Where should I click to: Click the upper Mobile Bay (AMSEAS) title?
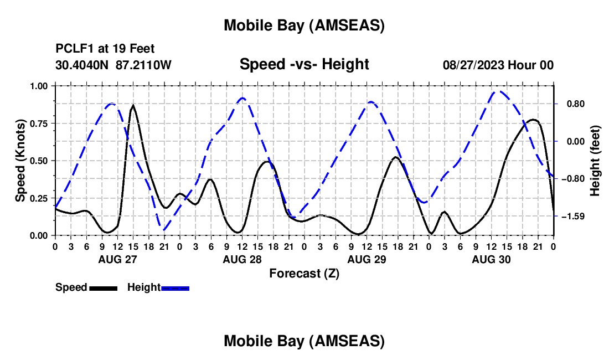304,25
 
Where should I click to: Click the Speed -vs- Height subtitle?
304,65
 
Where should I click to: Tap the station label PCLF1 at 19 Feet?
105,49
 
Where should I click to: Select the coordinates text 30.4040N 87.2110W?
113,65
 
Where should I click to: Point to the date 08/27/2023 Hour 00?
498,65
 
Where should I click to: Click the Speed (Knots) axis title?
20,161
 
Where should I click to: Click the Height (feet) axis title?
595,161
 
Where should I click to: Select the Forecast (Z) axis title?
304,273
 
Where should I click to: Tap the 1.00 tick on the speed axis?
39,86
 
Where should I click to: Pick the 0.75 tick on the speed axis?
39,124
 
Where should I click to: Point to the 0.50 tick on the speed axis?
39,161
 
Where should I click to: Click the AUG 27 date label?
117,259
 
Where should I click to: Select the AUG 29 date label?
366,259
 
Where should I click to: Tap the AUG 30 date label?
491,259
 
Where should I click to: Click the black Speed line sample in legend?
103,288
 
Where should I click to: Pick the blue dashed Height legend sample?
176,288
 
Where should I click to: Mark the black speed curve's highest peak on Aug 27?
133,105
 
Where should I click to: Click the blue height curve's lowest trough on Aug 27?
164,229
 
